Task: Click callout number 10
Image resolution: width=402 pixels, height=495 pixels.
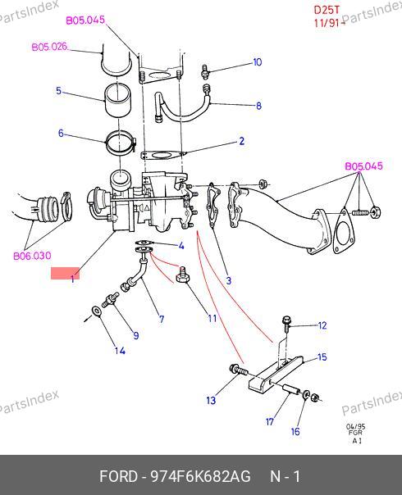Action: point(258,62)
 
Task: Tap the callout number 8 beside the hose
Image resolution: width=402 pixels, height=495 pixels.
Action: point(258,106)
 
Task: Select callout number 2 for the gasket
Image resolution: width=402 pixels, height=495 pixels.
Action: point(242,141)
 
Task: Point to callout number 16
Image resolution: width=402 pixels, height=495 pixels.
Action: point(295,432)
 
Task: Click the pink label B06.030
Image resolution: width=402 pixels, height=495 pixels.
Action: point(32,256)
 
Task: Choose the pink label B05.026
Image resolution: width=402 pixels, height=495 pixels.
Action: point(50,47)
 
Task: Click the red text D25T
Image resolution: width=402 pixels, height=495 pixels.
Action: point(327,10)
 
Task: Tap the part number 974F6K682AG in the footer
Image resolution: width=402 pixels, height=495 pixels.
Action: point(200,476)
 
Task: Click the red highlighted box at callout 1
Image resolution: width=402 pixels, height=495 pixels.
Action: point(65,274)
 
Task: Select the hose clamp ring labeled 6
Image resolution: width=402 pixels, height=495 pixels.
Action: point(121,143)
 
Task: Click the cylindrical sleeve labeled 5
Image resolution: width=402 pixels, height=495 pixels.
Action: point(117,101)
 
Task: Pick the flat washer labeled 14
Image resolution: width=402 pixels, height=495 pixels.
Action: point(96,311)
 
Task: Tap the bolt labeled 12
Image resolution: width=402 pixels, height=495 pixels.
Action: point(286,324)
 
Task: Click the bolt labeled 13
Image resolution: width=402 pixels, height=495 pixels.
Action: point(239,370)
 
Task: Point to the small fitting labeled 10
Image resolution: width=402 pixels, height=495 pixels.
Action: point(205,70)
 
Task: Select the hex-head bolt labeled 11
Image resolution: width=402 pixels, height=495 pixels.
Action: point(182,275)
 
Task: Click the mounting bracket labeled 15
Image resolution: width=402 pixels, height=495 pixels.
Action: point(276,373)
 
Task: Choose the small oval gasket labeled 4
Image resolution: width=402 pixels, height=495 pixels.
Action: point(144,243)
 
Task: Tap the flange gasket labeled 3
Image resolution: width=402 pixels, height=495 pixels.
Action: point(214,205)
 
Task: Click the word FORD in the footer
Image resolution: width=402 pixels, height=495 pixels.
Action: point(118,476)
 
